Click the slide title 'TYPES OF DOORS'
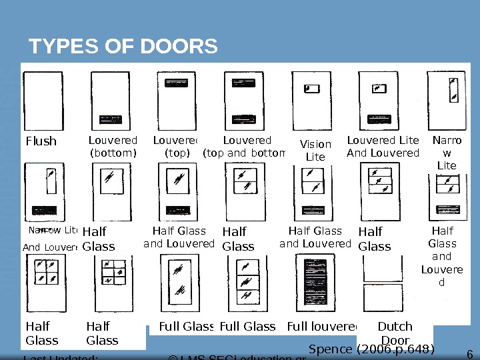(123, 47)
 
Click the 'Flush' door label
(41, 141)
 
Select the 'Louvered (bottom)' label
(113, 147)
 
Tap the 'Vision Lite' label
(315, 151)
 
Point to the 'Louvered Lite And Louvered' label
(383, 147)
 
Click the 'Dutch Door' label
(395, 333)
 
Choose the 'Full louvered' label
(323, 326)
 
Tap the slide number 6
(469, 354)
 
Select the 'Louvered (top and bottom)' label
(247, 147)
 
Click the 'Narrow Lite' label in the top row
(446, 153)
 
